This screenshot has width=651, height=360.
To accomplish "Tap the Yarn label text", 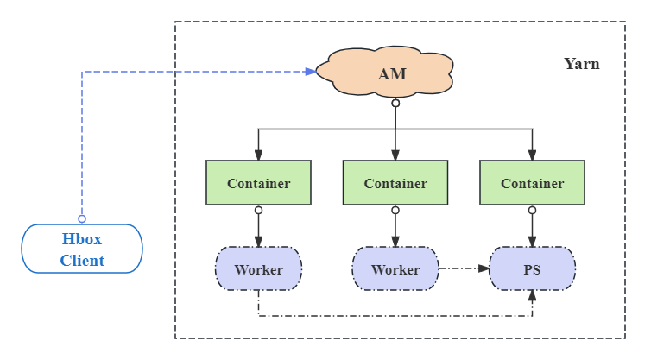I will click(581, 64).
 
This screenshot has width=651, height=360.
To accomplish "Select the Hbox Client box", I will click(82, 249).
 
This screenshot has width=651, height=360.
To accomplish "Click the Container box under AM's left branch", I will click(258, 183).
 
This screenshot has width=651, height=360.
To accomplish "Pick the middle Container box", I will click(395, 183).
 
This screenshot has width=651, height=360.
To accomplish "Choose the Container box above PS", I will click(532, 183).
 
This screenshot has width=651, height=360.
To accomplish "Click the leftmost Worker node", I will click(258, 269).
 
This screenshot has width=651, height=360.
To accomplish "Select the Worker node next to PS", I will click(395, 269).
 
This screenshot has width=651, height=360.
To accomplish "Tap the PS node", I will click(532, 269).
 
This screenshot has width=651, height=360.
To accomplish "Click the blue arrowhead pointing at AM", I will click(311, 72).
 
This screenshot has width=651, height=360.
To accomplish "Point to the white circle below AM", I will click(395, 104).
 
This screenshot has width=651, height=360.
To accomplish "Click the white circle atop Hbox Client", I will click(82, 219).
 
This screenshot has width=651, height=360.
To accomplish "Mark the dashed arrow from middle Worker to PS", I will click(463, 269).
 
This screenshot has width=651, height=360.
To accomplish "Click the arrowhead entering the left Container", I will click(258, 155).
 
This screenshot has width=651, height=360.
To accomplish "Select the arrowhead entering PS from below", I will click(532, 296).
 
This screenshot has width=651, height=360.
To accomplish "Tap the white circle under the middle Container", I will click(395, 210).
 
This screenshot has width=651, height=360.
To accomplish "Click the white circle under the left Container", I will click(258, 210).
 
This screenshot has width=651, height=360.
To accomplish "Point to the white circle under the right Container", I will click(532, 210).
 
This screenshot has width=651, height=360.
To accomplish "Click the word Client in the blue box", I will click(82, 260).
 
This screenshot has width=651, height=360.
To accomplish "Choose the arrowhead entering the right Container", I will click(532, 155).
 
